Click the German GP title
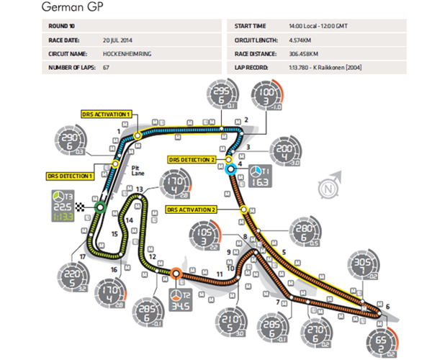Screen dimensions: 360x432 [73, 8]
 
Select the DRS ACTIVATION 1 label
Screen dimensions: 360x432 [105, 113]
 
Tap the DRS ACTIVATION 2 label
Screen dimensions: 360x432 [192, 210]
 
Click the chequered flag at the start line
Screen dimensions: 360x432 [90, 207]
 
